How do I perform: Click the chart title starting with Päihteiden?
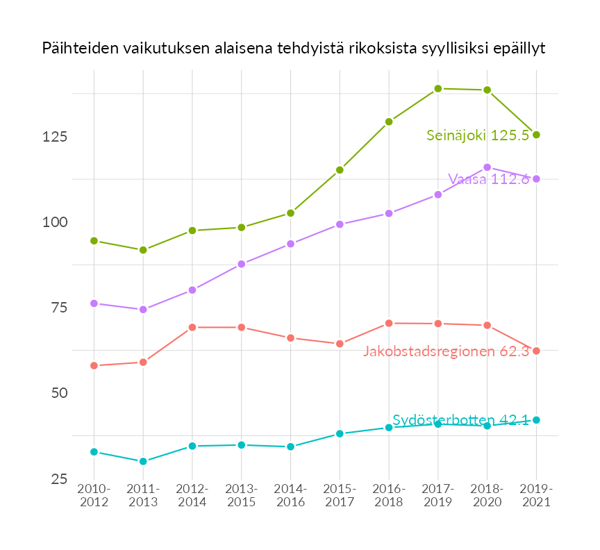pyautogui.click(x=293, y=49)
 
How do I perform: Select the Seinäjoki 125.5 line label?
pyautogui.click(x=477, y=135)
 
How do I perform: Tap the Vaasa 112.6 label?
pyautogui.click(x=488, y=178)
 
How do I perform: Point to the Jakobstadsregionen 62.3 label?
pyautogui.click(x=446, y=351)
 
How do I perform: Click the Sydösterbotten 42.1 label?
pyautogui.click(x=460, y=420)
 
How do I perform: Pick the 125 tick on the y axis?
pyautogui.click(x=54, y=137)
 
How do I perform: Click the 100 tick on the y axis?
pyautogui.click(x=54, y=222)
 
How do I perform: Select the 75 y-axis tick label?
pyautogui.click(x=58, y=308)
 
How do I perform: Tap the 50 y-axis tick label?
pyautogui.click(x=58, y=393)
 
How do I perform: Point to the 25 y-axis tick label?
pyautogui.click(x=58, y=479)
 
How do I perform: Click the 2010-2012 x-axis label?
pyautogui.click(x=94, y=496)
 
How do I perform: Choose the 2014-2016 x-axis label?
pyautogui.click(x=290, y=496)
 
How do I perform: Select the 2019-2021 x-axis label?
pyautogui.click(x=536, y=496)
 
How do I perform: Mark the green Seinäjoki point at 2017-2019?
pyautogui.click(x=438, y=89)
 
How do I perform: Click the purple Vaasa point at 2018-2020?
pyautogui.click(x=487, y=167)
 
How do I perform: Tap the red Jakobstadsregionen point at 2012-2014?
pyautogui.click(x=192, y=327)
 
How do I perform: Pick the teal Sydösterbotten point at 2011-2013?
pyautogui.click(x=143, y=461)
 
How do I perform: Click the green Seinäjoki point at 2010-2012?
pyautogui.click(x=94, y=241)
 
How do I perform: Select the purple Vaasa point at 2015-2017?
pyautogui.click(x=340, y=224)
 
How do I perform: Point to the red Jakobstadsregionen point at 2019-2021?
pyautogui.click(x=536, y=351)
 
